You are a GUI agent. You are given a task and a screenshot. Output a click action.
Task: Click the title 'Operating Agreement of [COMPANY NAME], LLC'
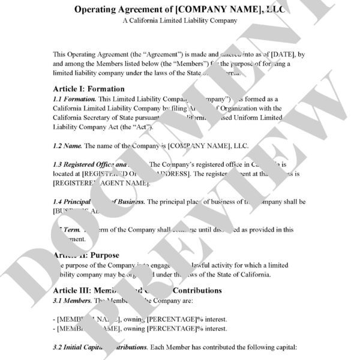(x=180, y=10)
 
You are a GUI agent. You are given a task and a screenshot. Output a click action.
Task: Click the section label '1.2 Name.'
(x=67, y=146)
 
